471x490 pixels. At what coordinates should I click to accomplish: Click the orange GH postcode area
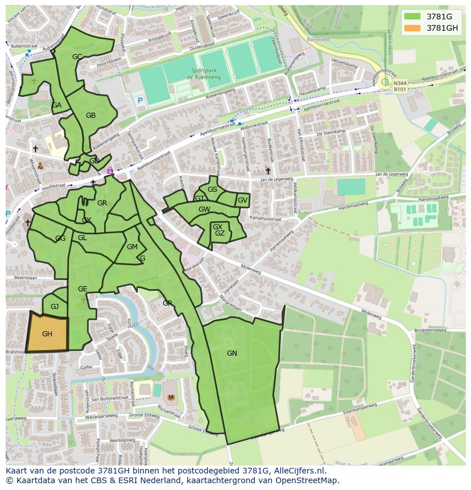[47, 333]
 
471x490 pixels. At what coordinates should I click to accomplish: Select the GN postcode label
[232, 353]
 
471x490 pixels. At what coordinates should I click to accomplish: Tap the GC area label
[77, 56]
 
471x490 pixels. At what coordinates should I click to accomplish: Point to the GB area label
[90, 116]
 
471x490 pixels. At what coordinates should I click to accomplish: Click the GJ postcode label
[55, 307]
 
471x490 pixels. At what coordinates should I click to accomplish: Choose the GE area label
[82, 289]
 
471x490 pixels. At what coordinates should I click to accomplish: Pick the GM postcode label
[132, 247]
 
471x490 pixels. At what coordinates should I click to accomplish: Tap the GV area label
[242, 200]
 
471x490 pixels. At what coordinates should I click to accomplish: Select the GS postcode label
[212, 190]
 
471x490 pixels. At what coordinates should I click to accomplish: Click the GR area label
[102, 203]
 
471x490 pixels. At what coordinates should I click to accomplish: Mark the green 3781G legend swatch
[412, 17]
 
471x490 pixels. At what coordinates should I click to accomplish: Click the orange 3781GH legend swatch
[412, 28]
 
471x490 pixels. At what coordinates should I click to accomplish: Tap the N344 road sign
[400, 83]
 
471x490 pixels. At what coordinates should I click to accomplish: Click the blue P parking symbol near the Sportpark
[140, 101]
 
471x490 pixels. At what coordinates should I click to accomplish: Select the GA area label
[56, 105]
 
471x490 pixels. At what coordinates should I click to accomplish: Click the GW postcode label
[204, 209]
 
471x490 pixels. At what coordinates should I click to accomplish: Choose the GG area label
[60, 238]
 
